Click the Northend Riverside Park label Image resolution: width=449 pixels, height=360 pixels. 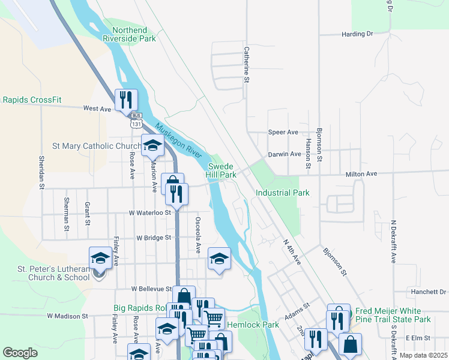click(129, 34)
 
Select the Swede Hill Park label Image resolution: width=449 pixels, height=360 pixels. click(221, 170)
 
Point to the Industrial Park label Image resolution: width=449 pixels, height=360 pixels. click(282, 193)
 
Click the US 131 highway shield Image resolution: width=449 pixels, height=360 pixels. click(137, 122)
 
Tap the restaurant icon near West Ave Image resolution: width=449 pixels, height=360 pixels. click(126, 100)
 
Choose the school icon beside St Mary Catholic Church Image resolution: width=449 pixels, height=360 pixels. click(152, 145)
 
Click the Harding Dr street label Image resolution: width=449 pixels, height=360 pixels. click(357, 34)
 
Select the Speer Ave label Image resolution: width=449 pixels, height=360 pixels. click(283, 132)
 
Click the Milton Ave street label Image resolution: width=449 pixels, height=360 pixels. click(361, 174)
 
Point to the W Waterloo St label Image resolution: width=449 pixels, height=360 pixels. click(149, 212)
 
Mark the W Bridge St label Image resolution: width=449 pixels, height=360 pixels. click(154, 238)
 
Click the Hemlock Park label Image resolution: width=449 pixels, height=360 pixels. click(262, 325)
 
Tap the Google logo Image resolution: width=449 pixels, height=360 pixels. click(20, 352)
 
